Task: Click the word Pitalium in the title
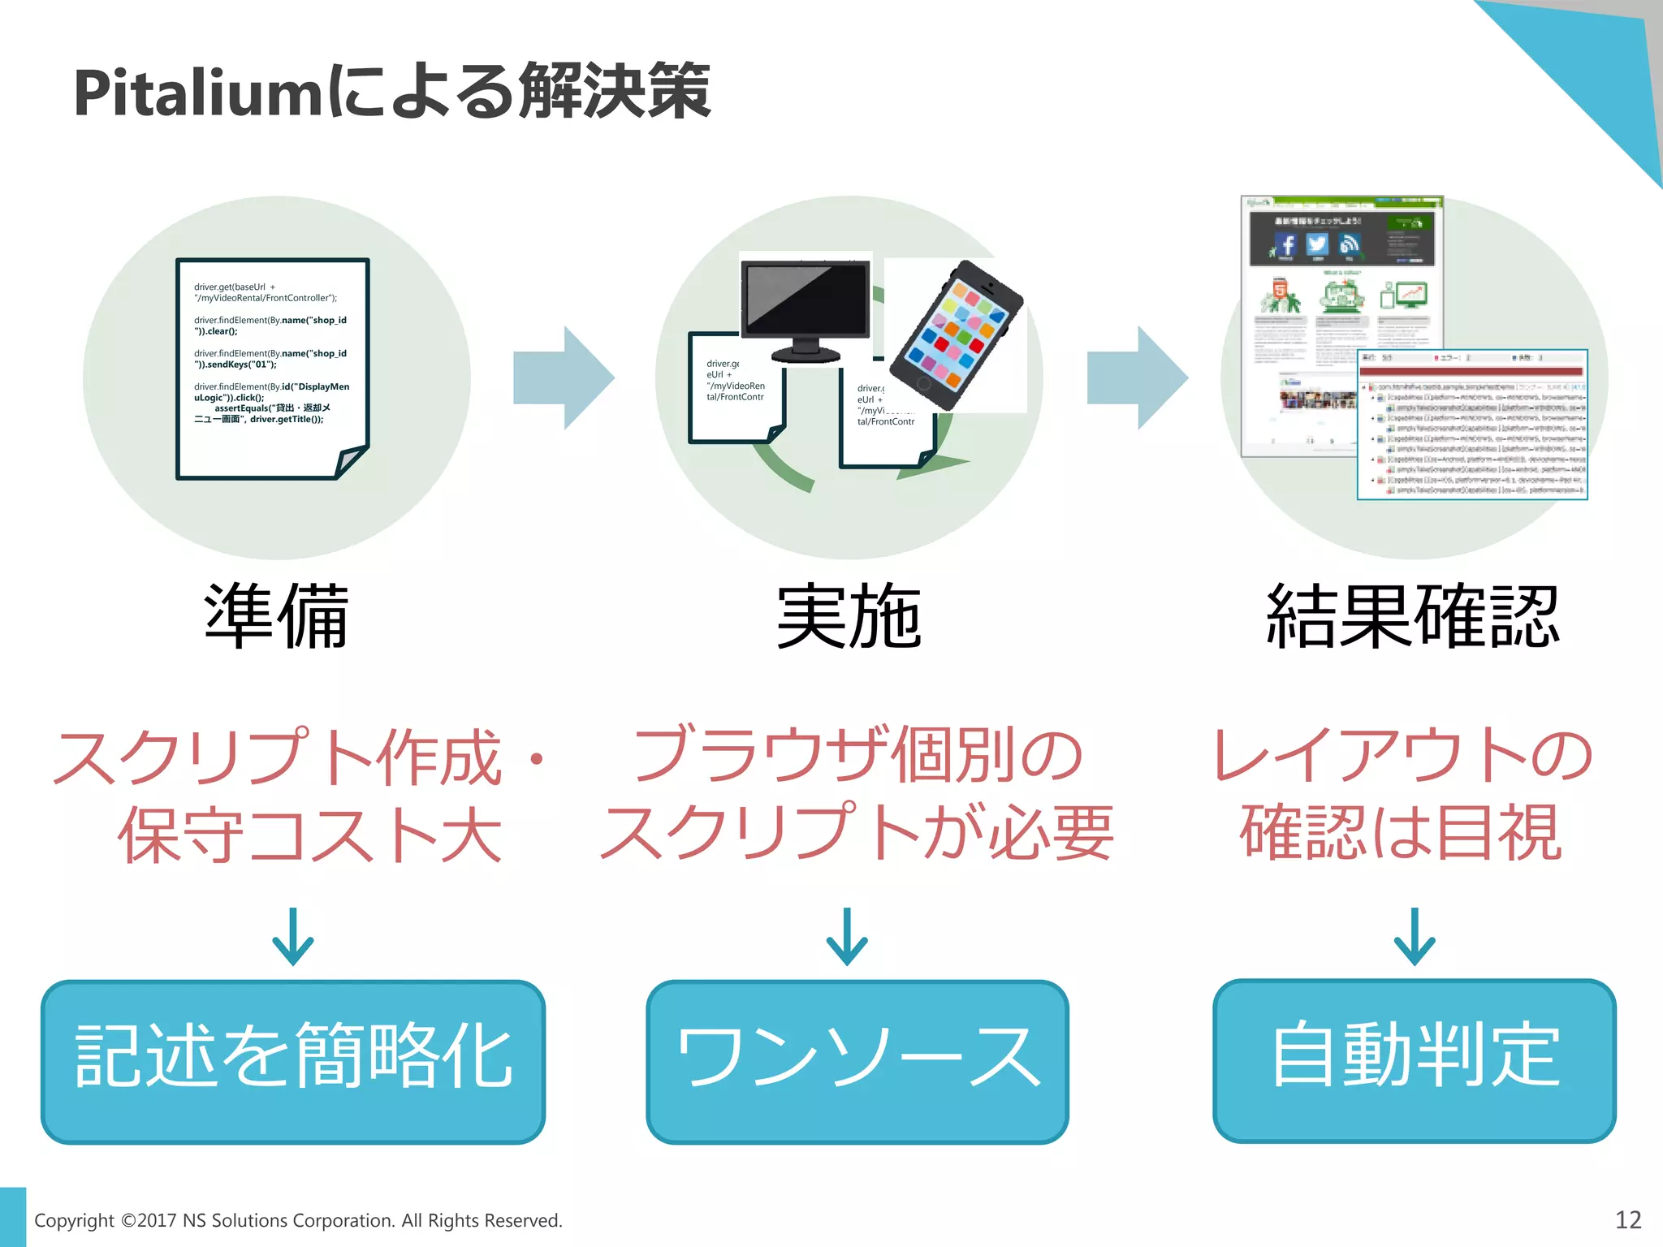(199, 93)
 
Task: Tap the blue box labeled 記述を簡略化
(293, 1061)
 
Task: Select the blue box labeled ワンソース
(857, 1061)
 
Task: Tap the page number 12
(1627, 1219)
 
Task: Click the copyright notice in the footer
(298, 1220)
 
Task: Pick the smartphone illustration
(956, 334)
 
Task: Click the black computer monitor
(806, 309)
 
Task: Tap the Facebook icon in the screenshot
(1285, 244)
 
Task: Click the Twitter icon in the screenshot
(1316, 244)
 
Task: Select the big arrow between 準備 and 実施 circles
(564, 378)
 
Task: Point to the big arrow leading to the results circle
(1137, 378)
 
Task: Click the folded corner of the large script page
(350, 462)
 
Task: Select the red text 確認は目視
(1401, 833)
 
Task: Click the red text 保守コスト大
(309, 835)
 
